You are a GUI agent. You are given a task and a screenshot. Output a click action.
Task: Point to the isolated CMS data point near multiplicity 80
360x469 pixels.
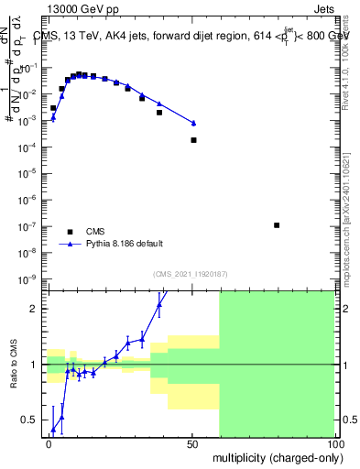click(x=277, y=224)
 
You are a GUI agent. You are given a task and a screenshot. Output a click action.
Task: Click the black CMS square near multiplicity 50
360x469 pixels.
click(x=193, y=140)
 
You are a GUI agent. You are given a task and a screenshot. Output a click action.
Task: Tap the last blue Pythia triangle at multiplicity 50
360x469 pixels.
click(x=193, y=123)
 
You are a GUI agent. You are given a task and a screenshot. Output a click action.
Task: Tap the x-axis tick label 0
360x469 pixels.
click(x=49, y=442)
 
